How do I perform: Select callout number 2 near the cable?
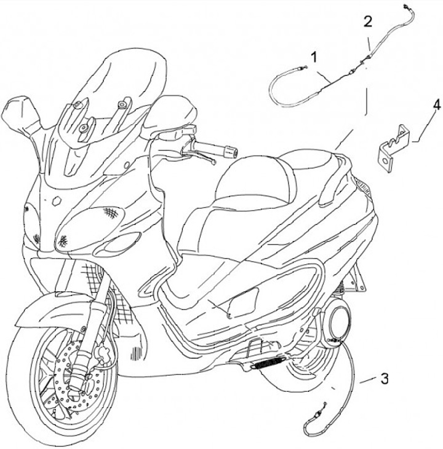(x=367, y=21)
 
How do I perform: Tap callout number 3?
(x=385, y=378)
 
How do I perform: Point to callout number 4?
(x=436, y=105)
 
